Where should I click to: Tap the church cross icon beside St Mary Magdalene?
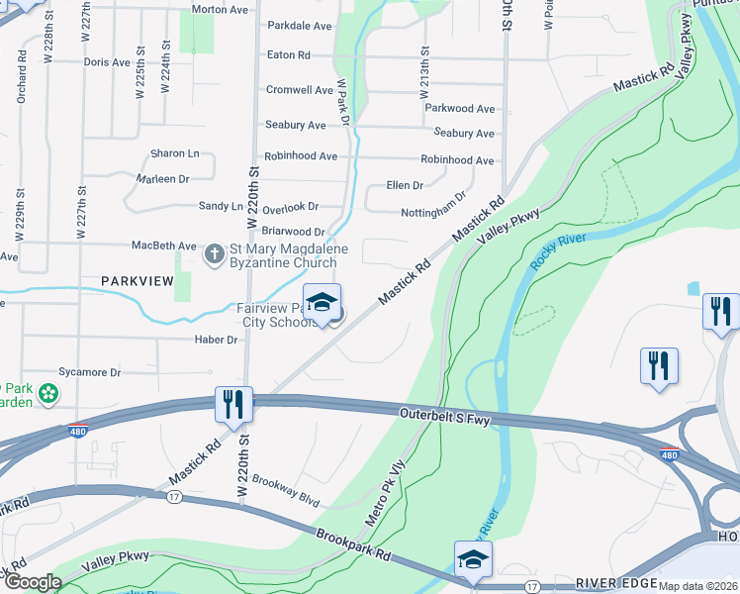pyautogui.click(x=213, y=255)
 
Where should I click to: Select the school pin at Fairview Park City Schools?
pyautogui.click(x=322, y=304)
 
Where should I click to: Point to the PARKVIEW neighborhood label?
pyautogui.click(x=138, y=282)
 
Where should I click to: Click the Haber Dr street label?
pyautogui.click(x=218, y=340)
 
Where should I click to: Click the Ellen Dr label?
pyautogui.click(x=405, y=185)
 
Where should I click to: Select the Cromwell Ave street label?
pyautogui.click(x=299, y=90)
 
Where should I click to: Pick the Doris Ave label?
pyautogui.click(x=107, y=62)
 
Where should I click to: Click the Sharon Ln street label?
pyautogui.click(x=174, y=153)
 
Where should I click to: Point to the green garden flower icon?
pyautogui.click(x=47, y=395)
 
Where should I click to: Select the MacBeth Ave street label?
pyautogui.click(x=164, y=246)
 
